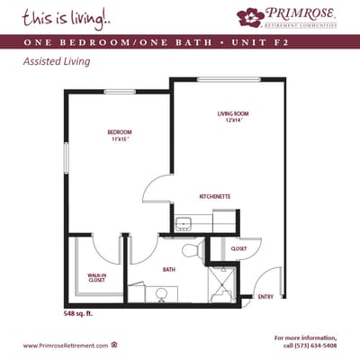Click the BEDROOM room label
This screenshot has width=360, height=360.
[x=120, y=132]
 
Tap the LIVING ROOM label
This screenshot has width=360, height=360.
[x=232, y=113]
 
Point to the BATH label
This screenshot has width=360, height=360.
[x=168, y=269]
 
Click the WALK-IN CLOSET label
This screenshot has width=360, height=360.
[x=97, y=277]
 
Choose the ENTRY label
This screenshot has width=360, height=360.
[x=265, y=296]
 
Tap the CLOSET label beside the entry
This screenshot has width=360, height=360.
[x=238, y=248]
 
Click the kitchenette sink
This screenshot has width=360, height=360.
[x=183, y=223]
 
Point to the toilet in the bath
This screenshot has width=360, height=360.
[x=189, y=251]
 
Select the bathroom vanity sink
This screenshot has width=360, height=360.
[x=164, y=292]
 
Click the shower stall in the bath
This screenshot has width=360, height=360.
[x=220, y=286]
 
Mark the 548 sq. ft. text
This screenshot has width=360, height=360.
[x=77, y=314]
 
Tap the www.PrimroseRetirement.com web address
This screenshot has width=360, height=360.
[x=65, y=346]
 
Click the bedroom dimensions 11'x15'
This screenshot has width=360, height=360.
[x=120, y=139]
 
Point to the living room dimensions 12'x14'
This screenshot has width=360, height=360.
[x=232, y=121]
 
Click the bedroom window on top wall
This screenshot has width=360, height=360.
[x=119, y=92]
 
